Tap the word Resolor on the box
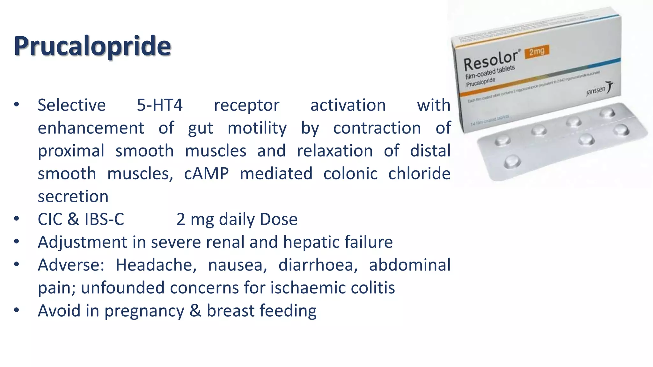tap(490, 60)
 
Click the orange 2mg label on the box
tap(537, 51)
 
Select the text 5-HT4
tap(160, 105)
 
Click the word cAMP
tap(206, 174)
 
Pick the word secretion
tap(73, 197)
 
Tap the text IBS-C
tap(104, 219)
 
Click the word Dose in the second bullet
tap(278, 219)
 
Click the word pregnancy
tap(144, 311)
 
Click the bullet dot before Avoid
tap(17, 310)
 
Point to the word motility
tap(257, 128)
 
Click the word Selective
tap(72, 105)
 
